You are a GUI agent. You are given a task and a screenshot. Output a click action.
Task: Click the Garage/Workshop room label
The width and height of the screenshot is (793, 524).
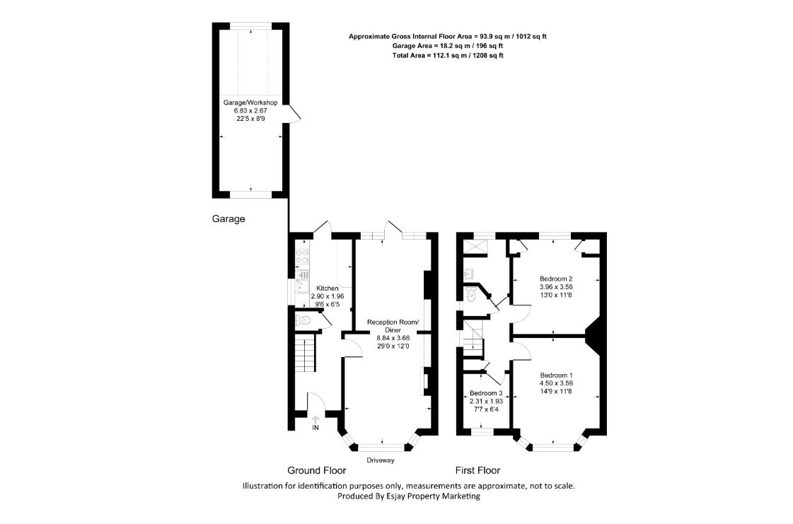click(250, 103)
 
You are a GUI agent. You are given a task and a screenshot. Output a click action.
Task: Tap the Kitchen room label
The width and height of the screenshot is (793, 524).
click(328, 289)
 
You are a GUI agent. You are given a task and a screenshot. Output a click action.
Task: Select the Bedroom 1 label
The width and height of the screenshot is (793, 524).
click(556, 375)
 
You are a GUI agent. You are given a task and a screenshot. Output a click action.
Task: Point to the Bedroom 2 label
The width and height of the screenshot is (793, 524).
click(556, 279)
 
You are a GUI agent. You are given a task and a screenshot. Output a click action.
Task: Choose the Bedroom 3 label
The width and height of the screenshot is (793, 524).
click(485, 393)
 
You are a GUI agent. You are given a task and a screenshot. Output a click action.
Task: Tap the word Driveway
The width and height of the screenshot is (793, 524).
click(381, 460)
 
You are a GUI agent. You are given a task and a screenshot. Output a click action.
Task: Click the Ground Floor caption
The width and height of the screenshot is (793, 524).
click(317, 470)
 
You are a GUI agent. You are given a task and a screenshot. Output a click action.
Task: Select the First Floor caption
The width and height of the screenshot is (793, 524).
click(477, 470)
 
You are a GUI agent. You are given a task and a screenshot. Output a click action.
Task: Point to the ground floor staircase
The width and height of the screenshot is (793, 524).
click(305, 354)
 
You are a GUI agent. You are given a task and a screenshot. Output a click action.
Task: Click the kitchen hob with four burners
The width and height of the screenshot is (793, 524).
click(303, 257)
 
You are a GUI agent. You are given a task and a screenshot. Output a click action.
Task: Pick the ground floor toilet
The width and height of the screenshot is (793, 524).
click(303, 320)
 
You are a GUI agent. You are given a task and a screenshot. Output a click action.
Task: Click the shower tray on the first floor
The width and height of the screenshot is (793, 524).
click(475, 246)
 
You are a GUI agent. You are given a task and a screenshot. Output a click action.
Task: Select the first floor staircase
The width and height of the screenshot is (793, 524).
click(474, 338)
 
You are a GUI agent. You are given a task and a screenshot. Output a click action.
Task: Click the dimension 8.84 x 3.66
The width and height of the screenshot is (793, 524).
click(393, 338)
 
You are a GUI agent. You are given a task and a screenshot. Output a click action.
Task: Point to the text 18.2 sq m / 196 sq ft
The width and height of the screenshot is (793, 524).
click(468, 46)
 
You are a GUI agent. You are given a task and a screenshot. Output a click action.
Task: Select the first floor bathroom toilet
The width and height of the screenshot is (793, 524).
click(471, 294)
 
